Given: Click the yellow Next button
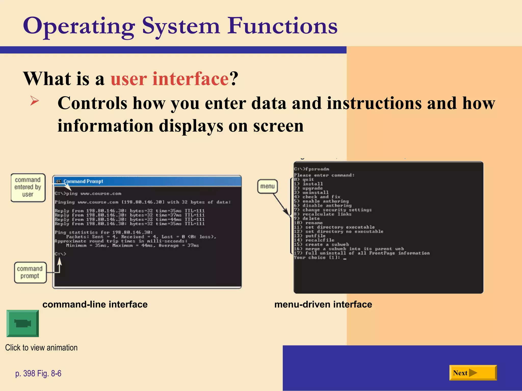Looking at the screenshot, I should click(473, 373).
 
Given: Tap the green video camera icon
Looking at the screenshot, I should click(23, 324).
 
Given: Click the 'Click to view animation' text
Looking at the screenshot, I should click(41, 348).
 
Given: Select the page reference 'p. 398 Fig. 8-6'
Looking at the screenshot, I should click(38, 373).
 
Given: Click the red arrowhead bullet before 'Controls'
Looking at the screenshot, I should click(34, 101).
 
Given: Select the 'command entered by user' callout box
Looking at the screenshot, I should click(28, 187).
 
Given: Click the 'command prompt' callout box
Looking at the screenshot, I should click(30, 272).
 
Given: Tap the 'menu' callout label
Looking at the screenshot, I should click(267, 186).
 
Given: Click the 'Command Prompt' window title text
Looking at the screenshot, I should click(83, 181).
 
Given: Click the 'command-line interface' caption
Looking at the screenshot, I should click(95, 304).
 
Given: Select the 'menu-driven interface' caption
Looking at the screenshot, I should click(323, 304).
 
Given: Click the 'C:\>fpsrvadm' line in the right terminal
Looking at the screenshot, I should click(311, 169).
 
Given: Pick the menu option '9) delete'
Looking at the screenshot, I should click(307, 219).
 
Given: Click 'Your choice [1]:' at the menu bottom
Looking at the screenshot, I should click(317, 258).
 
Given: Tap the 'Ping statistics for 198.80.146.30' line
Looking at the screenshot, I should click(103, 232).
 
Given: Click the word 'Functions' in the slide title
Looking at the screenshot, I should click(282, 26).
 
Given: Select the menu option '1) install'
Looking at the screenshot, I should click(308, 184).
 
